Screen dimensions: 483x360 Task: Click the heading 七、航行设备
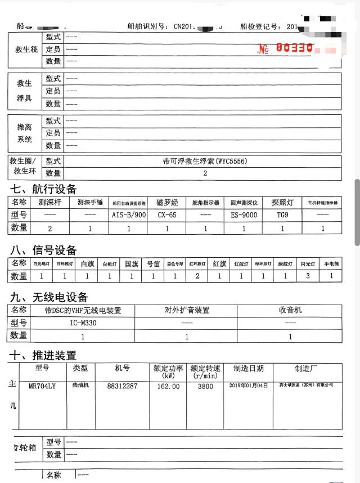tap(42, 189)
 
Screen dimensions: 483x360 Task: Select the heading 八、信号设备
tap(42, 251)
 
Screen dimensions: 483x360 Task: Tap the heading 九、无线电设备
tap(48, 297)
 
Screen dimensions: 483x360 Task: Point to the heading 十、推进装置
tap(42, 355)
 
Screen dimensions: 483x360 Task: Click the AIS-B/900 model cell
tap(129, 214)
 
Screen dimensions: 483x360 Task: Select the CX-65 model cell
tap(167, 214)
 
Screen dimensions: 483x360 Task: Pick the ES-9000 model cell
tap(244, 214)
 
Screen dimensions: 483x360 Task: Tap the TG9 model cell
tap(282, 214)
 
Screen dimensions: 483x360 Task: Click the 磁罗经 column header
tap(167, 202)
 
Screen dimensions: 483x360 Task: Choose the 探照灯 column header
tap(282, 202)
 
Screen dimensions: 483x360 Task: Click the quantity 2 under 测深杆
tap(49, 228)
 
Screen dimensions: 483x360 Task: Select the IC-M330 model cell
tap(83, 323)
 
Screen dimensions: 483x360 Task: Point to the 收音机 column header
tap(290, 310)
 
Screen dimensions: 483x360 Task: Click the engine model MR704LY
tap(42, 387)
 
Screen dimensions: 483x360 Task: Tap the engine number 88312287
tap(122, 387)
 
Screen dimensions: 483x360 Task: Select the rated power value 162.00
tap(168, 387)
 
